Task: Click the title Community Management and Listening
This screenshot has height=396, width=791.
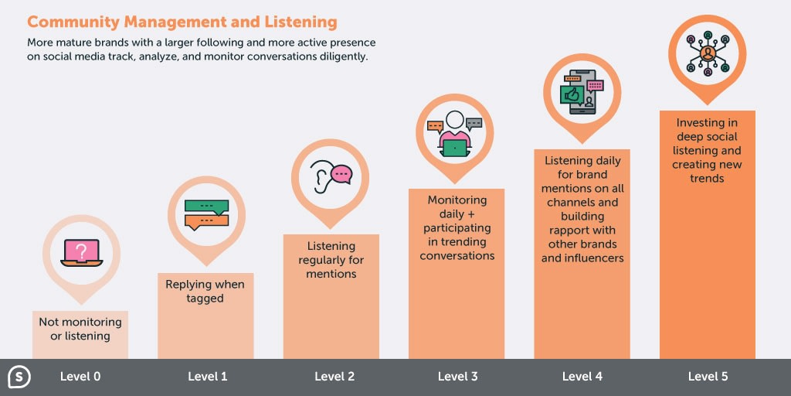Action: coord(182,22)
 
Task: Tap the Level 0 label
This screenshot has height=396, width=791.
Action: coord(80,377)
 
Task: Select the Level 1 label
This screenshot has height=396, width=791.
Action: coord(207,377)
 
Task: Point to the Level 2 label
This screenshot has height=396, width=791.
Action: coord(334,377)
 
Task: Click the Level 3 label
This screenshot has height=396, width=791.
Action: coord(457,377)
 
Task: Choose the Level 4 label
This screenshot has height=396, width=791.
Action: coord(582,377)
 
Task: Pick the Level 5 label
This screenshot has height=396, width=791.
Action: coord(708,377)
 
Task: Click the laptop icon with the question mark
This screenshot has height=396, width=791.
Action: coord(81,252)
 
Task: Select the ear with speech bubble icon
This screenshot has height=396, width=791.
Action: coord(331,176)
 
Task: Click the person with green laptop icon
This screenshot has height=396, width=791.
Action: coord(454,133)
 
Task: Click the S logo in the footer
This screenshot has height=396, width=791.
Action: coord(19,377)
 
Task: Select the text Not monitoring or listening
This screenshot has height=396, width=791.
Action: coord(80,329)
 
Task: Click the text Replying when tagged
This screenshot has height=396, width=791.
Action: coord(205,291)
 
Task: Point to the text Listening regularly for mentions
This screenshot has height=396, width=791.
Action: coord(331,260)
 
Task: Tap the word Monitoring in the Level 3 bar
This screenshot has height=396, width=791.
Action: coord(457,200)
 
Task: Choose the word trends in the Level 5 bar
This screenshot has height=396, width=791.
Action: coord(707,179)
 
